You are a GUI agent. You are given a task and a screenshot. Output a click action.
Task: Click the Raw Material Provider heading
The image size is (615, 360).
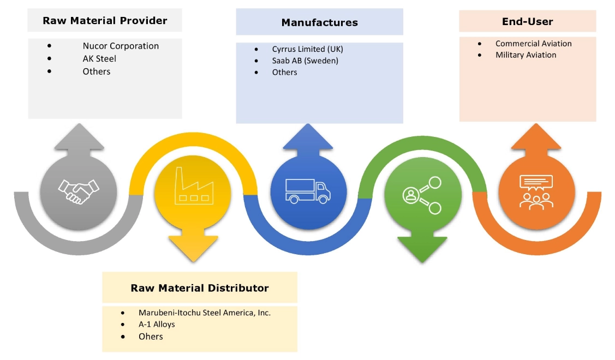[x=105, y=21]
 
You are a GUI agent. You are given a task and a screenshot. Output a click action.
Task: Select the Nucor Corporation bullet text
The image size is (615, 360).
[x=121, y=46]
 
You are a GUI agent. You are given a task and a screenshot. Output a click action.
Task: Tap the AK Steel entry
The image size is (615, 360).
[x=99, y=59]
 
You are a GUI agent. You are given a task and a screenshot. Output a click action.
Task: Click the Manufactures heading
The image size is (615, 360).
[x=319, y=23]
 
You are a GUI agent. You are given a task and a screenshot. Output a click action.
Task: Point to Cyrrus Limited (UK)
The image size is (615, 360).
[x=307, y=49]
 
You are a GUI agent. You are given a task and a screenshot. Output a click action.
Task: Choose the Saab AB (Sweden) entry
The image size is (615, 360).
[x=305, y=61]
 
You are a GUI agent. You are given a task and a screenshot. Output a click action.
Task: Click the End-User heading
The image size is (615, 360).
[x=527, y=22]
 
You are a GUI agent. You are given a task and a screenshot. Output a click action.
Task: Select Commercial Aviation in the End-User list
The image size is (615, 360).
[x=533, y=44]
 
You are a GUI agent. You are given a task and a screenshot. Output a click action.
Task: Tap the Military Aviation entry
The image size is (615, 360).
[x=526, y=55]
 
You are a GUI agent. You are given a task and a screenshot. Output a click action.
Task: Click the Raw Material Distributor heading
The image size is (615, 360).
[x=200, y=288]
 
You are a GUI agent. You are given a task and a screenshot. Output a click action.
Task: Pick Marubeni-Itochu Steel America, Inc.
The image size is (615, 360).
[x=205, y=313]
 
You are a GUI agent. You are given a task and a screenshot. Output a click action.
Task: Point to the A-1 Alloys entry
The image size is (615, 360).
[x=157, y=325]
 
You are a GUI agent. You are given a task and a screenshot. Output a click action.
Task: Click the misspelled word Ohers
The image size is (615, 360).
[x=151, y=337]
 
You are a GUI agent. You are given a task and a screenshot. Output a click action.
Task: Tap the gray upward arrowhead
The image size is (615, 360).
[x=79, y=137]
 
